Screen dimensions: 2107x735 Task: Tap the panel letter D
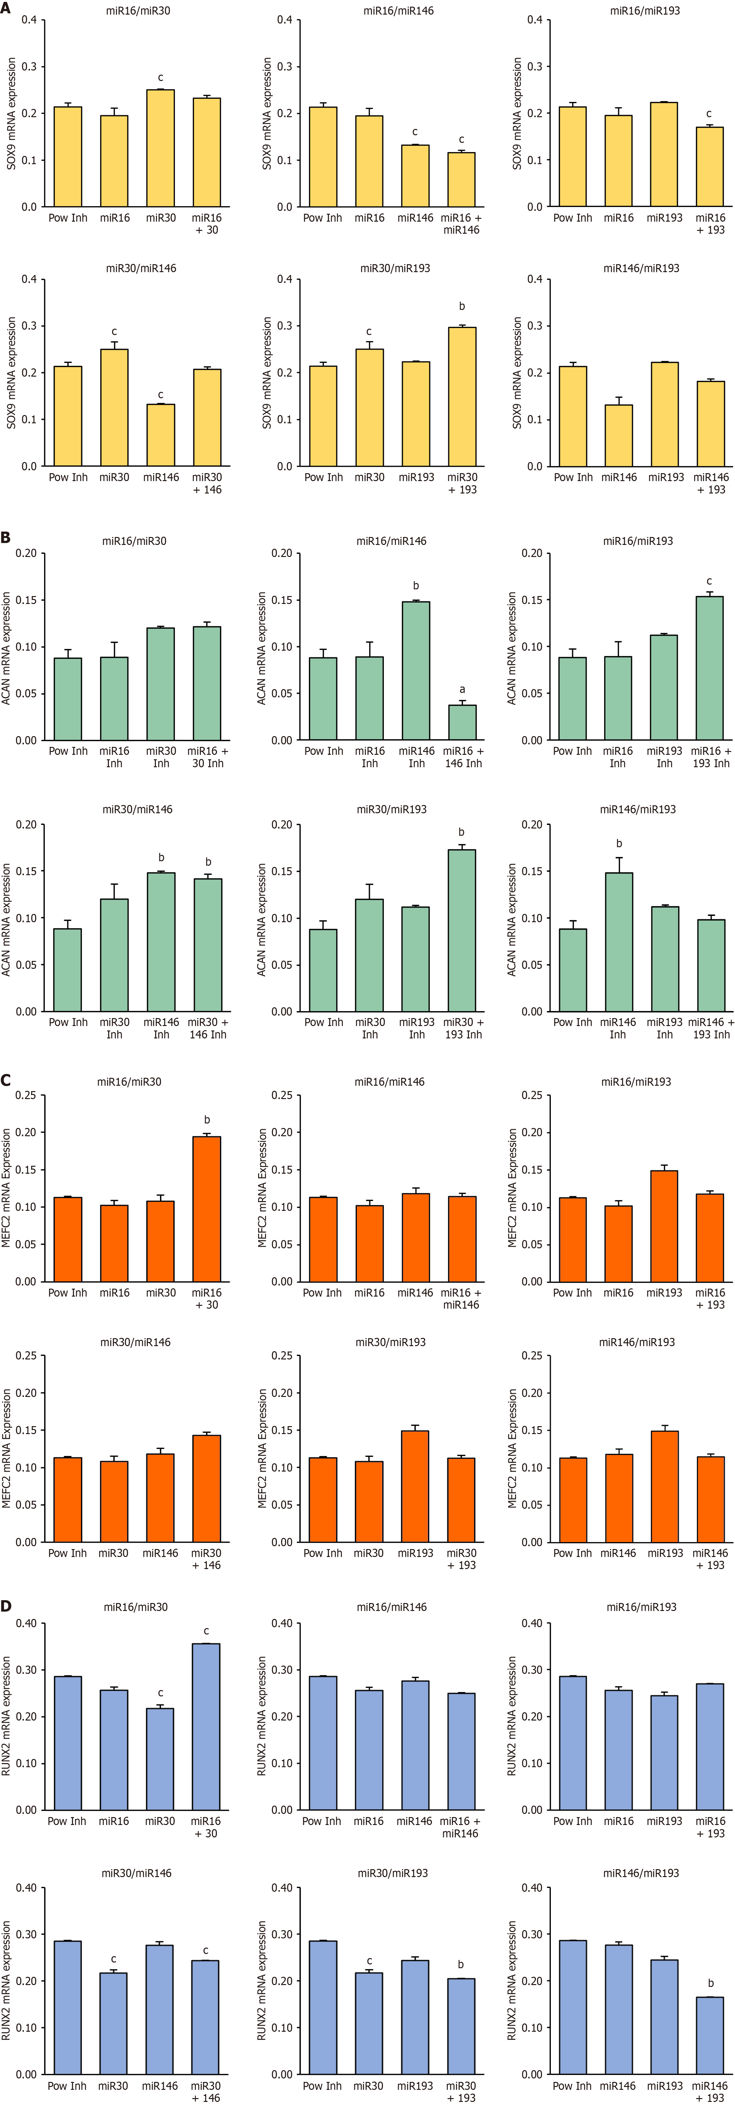pyautogui.click(x=6, y=1606)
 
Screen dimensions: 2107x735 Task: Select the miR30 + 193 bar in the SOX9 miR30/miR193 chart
pyautogui.click(x=462, y=397)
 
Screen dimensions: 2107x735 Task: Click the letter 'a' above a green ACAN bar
pyautogui.click(x=462, y=689)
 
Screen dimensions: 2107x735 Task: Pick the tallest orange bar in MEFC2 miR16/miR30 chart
pyautogui.click(x=207, y=1209)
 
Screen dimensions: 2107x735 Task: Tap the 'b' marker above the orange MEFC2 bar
pyautogui.click(x=207, y=1120)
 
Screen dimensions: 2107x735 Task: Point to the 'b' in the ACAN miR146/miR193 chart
pyautogui.click(x=619, y=843)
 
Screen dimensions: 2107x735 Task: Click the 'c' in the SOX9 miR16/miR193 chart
pyautogui.click(x=709, y=114)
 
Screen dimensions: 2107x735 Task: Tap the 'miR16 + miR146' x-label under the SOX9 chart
pyautogui.click(x=461, y=224)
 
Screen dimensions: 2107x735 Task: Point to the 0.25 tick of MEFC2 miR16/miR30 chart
pyautogui.click(x=25, y=1095)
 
